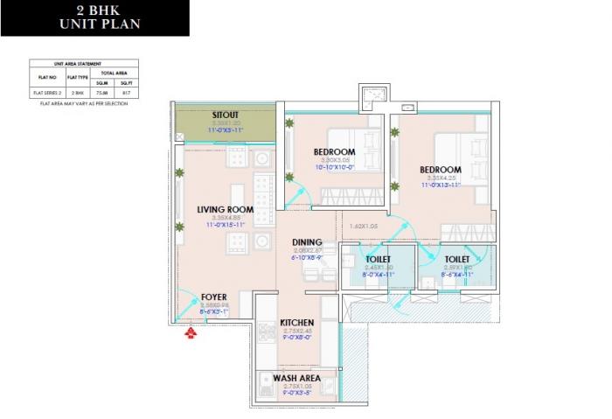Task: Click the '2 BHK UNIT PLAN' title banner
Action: coord(94,17)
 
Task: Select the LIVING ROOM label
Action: coord(225,209)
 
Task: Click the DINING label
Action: coord(307,242)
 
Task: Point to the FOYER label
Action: coord(215,297)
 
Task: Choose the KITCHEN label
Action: coord(296,323)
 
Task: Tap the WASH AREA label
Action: coord(296,378)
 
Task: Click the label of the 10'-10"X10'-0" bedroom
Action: coord(334,152)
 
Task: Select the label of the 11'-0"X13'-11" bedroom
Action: coord(439,170)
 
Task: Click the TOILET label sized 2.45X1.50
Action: coord(378,259)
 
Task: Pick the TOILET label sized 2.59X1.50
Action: coord(456,259)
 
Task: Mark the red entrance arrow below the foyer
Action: coord(190,332)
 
